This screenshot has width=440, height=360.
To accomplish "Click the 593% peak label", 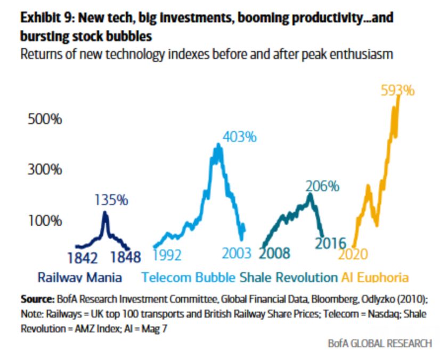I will coord(397,90).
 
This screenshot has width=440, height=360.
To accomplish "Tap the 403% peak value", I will coord(239,137).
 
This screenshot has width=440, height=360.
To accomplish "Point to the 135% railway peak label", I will coord(111,200).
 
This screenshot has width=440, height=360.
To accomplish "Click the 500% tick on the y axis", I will coord(45,119).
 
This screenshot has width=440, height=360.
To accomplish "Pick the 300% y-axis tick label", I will coord(45,170).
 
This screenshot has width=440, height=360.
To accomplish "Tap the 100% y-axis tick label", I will coord(45,220).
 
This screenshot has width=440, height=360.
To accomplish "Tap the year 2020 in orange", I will coord(353,254).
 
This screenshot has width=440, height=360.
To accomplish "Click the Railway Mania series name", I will coord(79,277).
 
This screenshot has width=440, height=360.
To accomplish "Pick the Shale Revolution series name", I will coord(288,277).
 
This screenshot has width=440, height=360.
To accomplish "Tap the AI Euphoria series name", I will coord(374,277).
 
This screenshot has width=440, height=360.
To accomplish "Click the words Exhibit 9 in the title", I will coord(43,18).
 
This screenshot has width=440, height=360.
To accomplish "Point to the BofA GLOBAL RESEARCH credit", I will coord(380,343).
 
